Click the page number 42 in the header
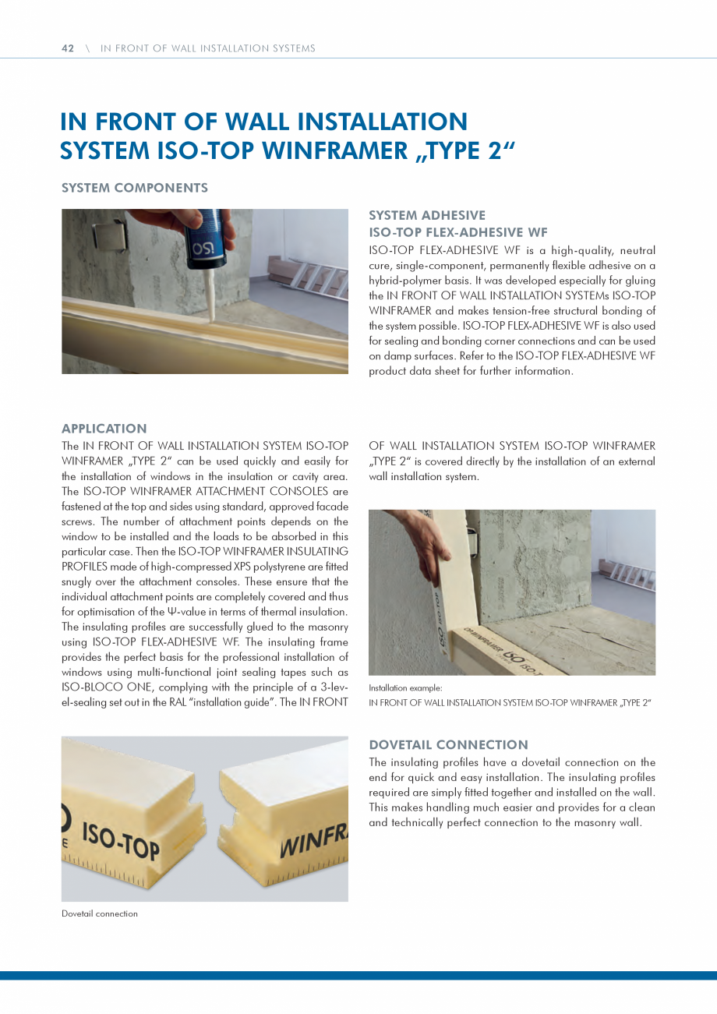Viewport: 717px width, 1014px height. [68, 48]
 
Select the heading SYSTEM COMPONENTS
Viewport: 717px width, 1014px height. [134, 188]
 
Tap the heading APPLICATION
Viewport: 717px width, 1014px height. [104, 429]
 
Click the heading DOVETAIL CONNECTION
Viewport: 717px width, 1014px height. [448, 745]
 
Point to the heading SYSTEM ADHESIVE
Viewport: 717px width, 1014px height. [426, 215]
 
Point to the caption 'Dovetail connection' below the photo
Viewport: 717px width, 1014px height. [99, 913]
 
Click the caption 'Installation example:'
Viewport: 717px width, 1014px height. [405, 688]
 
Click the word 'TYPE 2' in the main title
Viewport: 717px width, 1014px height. [459, 149]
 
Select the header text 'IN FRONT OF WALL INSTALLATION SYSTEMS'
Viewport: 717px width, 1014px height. [208, 48]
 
